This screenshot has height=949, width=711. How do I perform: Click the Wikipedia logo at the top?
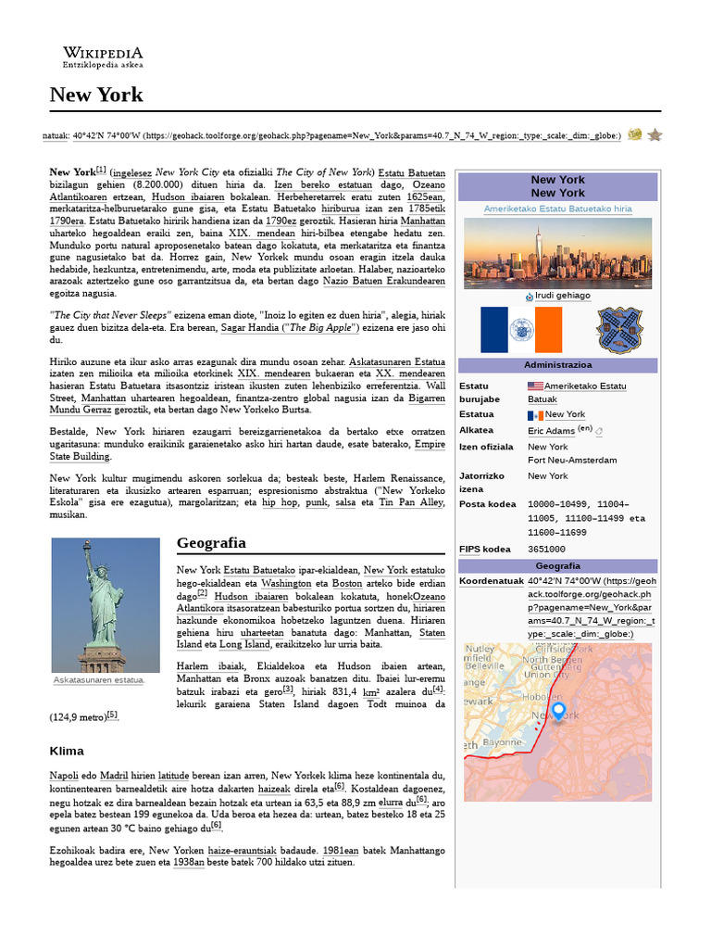point(102,57)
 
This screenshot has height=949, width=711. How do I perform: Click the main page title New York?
point(95,95)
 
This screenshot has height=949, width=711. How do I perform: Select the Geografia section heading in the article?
point(211,542)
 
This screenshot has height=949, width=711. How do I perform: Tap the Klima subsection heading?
point(67,751)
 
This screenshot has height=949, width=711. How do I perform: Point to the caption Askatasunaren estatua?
point(99,680)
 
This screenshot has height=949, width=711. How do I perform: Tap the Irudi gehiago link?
point(562,296)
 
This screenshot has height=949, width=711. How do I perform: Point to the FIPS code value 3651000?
point(546,550)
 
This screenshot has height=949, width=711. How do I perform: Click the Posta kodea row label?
point(487,504)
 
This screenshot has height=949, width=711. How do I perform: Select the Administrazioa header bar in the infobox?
point(557,365)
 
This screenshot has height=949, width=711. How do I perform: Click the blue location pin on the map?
point(558,712)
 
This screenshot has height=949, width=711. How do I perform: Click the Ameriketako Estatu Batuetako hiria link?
point(557,209)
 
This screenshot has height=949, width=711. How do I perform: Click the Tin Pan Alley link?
point(411,502)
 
